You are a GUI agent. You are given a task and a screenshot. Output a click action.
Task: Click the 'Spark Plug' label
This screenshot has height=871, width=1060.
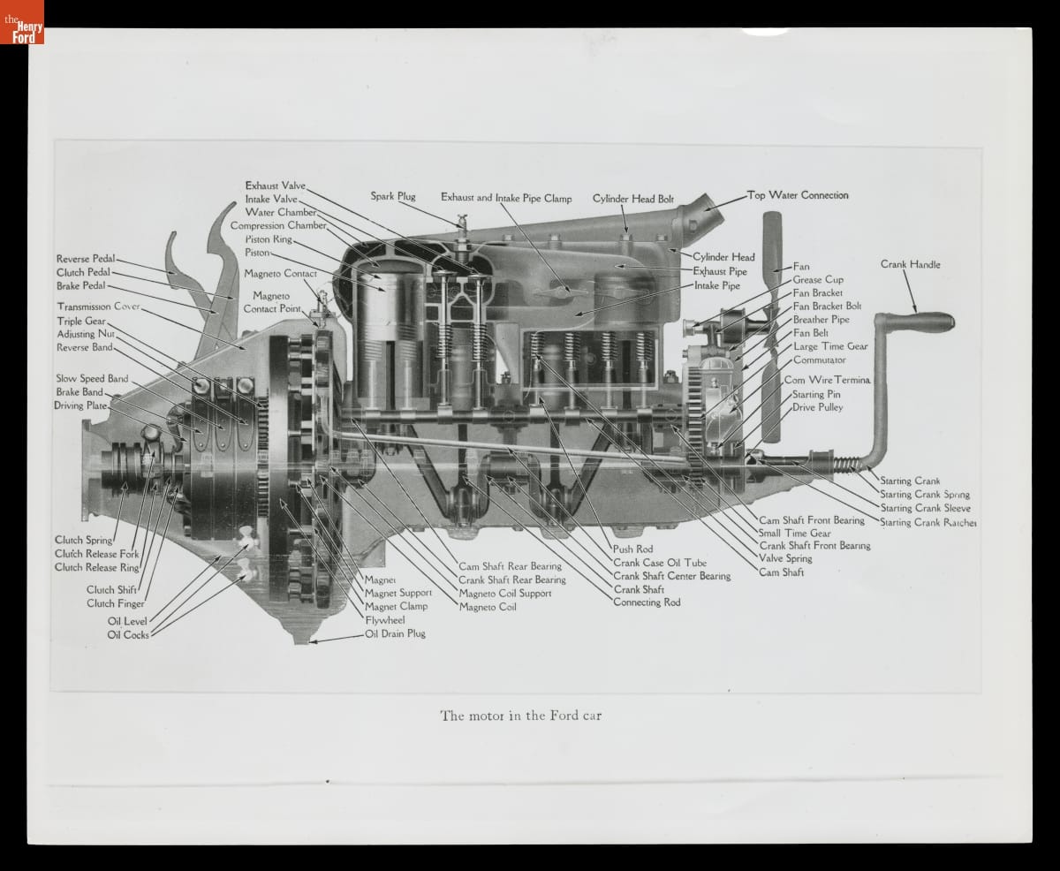pos(392,196)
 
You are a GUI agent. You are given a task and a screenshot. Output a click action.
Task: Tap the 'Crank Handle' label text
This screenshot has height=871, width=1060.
pos(910,264)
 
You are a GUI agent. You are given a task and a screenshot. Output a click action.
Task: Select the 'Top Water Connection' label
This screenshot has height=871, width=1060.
pos(798,195)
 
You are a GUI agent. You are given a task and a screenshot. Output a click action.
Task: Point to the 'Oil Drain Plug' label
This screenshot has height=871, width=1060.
pos(395,633)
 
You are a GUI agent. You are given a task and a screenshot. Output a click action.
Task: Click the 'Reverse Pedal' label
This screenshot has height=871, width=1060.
pos(86,259)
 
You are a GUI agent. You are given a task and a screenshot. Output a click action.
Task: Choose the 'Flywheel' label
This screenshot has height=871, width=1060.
pos(384,620)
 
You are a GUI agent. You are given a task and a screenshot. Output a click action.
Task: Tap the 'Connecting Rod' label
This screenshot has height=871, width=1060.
pos(648,602)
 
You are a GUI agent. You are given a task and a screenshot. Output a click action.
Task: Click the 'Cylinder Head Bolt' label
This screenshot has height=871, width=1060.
pos(632,199)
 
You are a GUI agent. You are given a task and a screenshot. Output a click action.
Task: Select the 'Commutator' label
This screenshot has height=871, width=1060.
pos(819,360)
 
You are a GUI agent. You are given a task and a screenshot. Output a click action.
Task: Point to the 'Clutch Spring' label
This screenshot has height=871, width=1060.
pos(83,540)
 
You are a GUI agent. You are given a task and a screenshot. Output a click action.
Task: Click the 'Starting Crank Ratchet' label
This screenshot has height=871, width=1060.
pos(927,522)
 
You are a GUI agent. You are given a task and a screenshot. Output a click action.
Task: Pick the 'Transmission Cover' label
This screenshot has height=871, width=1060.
pos(98,307)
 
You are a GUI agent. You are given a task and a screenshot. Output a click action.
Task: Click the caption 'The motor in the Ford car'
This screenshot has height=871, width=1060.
pos(520,716)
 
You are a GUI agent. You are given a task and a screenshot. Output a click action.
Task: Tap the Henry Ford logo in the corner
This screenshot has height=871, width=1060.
pos(22,22)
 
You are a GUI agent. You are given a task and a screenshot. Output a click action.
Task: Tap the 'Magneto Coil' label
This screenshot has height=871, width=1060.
pos(488,607)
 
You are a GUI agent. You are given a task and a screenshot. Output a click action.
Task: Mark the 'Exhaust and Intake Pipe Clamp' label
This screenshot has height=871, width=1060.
pos(506,198)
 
